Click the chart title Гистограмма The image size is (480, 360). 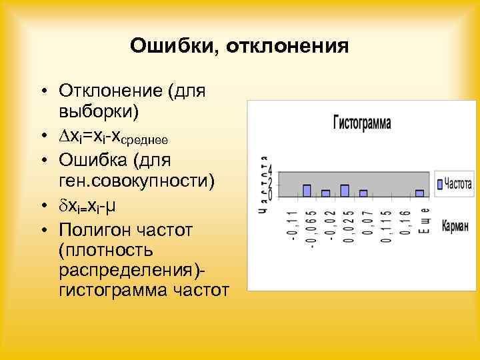pos(362,123)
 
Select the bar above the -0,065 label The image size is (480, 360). pos(307,191)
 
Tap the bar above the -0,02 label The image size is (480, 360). pos(326,193)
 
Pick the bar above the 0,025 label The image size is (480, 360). pos(345,191)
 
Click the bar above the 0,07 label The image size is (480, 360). pos(363,193)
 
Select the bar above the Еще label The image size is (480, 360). pos(419,193)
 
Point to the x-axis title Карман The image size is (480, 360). pos(455,227)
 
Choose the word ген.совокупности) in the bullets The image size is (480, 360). pos(137,181)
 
